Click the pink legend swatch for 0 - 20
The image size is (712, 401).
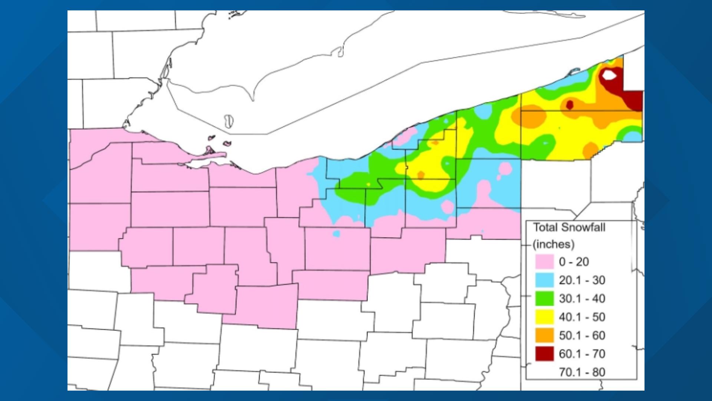pos(544,262)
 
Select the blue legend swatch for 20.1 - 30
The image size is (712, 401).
pos(544,280)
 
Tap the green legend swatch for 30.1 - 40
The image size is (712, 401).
pos(544,299)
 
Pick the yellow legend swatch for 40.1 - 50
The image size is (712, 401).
pos(544,317)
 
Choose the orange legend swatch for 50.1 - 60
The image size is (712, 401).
pos(544,335)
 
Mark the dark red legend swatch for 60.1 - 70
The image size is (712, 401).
pos(544,354)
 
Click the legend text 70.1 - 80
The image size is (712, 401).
pos(582,372)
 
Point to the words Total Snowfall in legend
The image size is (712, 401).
pos(569,227)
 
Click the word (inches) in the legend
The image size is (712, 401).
pos(554,244)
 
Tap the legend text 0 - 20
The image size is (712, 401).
pos(574,262)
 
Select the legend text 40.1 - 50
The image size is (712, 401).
pos(582,317)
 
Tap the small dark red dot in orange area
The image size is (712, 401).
pos(570,105)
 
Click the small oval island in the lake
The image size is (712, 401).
pos(229,121)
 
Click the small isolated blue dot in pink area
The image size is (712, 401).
pos(336,234)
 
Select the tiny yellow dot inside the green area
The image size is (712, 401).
pos(368,184)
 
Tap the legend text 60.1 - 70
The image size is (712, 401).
pos(582,354)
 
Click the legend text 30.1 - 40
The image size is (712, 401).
pos(582,299)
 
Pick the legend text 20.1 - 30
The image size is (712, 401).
pos(582,280)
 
